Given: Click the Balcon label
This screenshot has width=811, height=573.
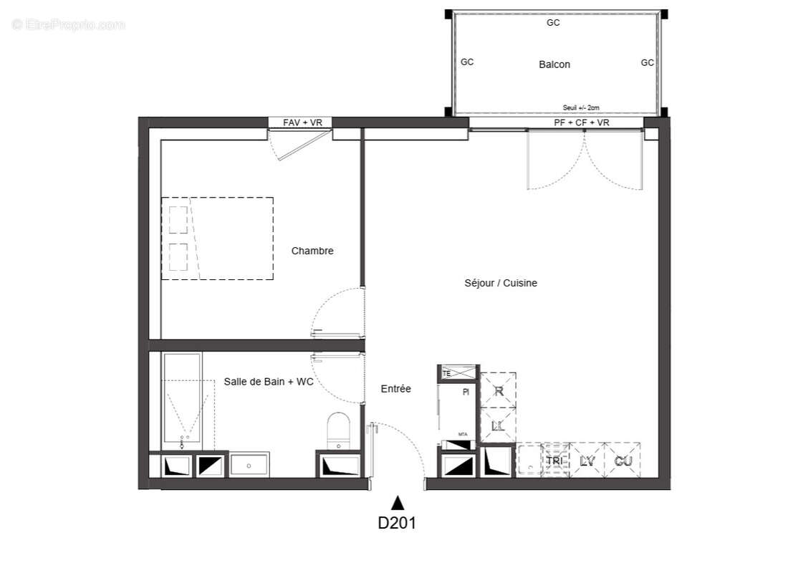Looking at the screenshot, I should [555, 64].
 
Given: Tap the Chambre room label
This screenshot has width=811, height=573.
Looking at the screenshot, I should [312, 251].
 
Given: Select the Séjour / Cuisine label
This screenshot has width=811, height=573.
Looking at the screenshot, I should [501, 283].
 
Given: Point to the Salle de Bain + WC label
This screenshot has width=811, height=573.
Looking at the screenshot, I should [269, 382].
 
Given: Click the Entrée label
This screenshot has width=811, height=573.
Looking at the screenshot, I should [395, 389].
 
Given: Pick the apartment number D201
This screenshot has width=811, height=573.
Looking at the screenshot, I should [397, 523].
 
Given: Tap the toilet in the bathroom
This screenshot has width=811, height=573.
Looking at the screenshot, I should [337, 430].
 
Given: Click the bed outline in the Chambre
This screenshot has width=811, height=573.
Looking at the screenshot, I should [217, 239].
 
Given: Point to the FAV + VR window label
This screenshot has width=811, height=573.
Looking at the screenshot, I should [302, 123].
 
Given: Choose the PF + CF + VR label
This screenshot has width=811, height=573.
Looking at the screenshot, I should [582, 123].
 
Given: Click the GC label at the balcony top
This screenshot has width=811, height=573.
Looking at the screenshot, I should [553, 23].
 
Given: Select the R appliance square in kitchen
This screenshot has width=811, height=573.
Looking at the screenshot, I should [499, 391].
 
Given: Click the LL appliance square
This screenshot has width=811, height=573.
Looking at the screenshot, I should [499, 425].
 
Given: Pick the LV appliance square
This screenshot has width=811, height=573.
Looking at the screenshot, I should [587, 461].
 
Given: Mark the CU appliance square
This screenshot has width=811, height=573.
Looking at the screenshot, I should [623, 461].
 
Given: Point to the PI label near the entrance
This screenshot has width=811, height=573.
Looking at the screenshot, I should [466, 392].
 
